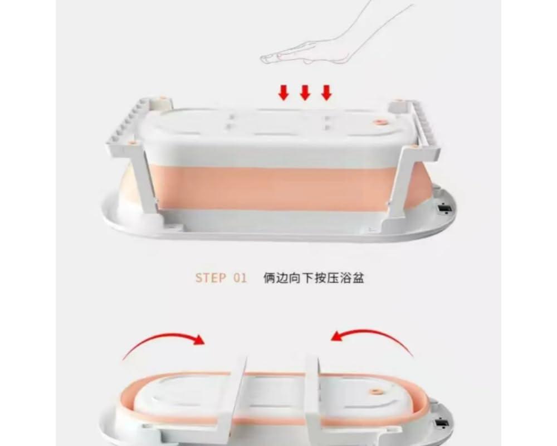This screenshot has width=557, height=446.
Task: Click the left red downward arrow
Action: (283, 93)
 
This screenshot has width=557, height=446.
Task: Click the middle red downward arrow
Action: (305, 93)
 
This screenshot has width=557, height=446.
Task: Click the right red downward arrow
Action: (326, 93)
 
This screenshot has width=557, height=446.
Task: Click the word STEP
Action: (211, 278)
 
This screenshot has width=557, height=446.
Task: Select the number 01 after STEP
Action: (240, 278)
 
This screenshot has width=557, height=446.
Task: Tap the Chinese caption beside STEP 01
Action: (314, 278)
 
